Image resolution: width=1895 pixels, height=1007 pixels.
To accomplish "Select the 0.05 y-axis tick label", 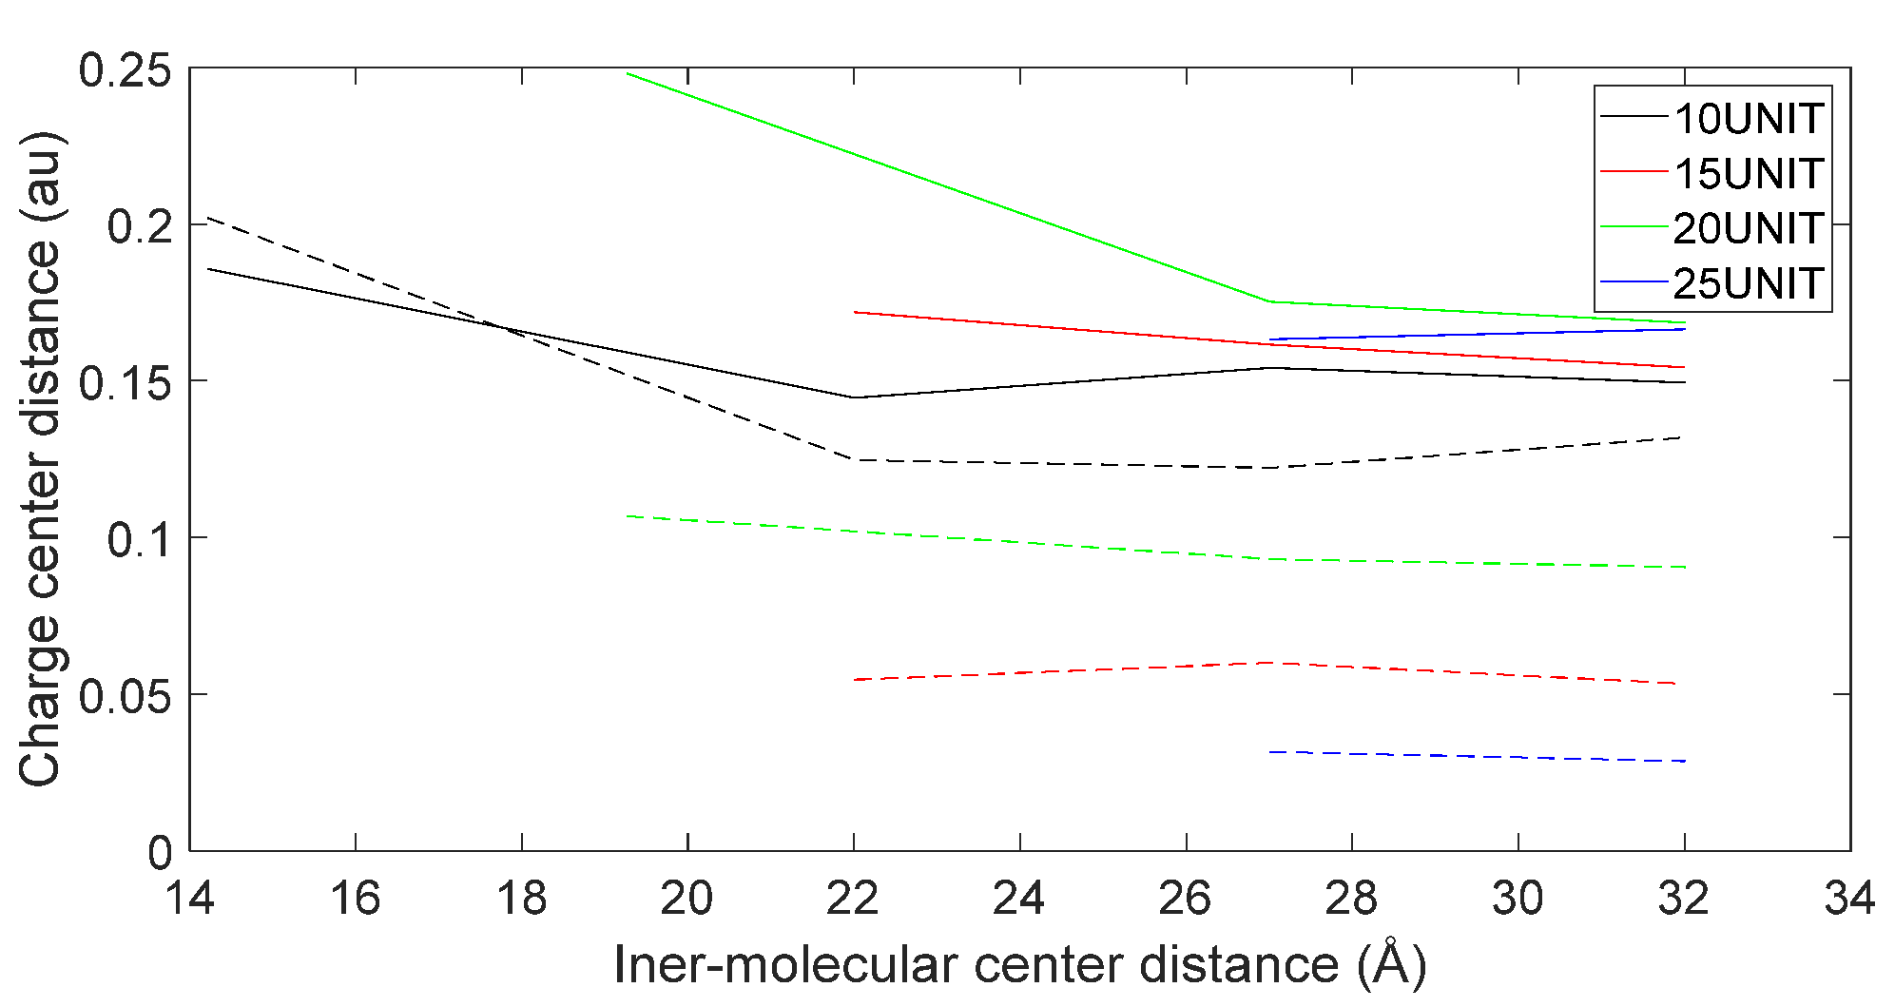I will (x=125, y=696).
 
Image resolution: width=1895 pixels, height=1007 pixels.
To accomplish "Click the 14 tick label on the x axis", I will (x=190, y=898).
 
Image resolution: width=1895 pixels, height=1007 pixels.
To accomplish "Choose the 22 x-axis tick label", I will (x=853, y=898).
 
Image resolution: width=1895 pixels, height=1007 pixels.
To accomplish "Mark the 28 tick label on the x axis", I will (x=1351, y=898).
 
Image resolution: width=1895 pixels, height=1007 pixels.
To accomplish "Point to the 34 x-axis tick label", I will (x=1849, y=898).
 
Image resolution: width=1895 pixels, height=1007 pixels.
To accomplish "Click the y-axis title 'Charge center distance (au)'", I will (x=40, y=458).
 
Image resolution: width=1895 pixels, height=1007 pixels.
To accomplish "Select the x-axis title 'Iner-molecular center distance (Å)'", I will (x=1019, y=965).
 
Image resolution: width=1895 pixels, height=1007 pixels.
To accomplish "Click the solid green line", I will (x=951, y=187).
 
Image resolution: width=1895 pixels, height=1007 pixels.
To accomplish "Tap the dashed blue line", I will (x=1474, y=756).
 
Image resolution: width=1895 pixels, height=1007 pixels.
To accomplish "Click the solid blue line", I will (x=1474, y=334).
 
